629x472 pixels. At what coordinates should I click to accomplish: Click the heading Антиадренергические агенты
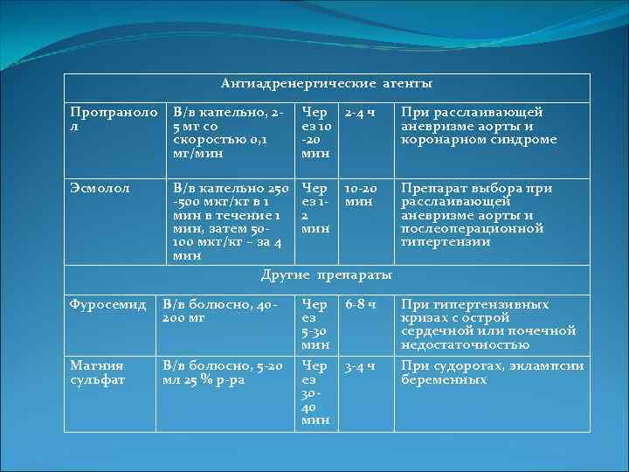click(x=327, y=84)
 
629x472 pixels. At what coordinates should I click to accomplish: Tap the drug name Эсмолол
click(x=100, y=188)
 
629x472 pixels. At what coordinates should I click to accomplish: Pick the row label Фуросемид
click(x=107, y=305)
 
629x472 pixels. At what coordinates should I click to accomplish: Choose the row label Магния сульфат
click(x=97, y=372)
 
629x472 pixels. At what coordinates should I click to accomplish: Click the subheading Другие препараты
click(x=327, y=275)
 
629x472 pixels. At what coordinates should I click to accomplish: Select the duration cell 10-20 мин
click(x=360, y=194)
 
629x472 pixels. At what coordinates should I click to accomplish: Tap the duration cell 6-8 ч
click(x=360, y=305)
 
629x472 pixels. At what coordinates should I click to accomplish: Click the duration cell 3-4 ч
click(x=360, y=366)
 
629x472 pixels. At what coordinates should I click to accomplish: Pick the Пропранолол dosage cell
click(x=229, y=133)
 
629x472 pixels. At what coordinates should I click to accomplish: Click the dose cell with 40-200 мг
click(x=220, y=311)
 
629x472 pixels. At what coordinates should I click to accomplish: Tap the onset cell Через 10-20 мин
click(x=314, y=133)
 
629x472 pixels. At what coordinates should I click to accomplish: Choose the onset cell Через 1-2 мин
click(x=314, y=208)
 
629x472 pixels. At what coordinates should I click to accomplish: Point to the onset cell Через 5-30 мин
click(x=314, y=324)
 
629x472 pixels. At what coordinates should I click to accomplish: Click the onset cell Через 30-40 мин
click(x=314, y=392)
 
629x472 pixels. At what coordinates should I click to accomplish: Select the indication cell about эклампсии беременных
click(x=492, y=372)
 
